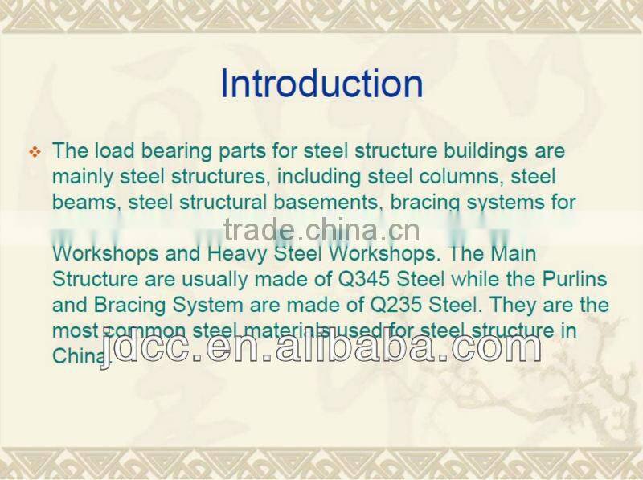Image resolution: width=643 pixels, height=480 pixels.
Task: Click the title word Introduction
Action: (321, 84)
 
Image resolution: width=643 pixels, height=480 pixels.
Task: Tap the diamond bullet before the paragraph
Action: (34, 152)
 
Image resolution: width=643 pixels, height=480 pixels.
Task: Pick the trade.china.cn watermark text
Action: (321, 230)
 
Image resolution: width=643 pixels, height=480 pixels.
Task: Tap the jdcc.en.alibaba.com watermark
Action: (321, 346)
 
